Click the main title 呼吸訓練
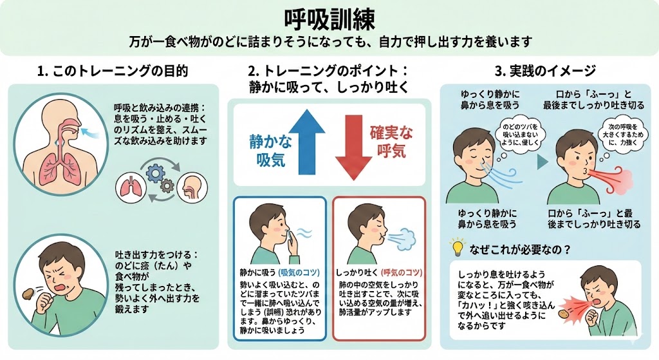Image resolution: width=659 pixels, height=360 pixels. (329, 17)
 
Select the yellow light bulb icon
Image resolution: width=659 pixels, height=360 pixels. (457, 247)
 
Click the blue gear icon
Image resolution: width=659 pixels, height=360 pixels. (154, 172)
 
